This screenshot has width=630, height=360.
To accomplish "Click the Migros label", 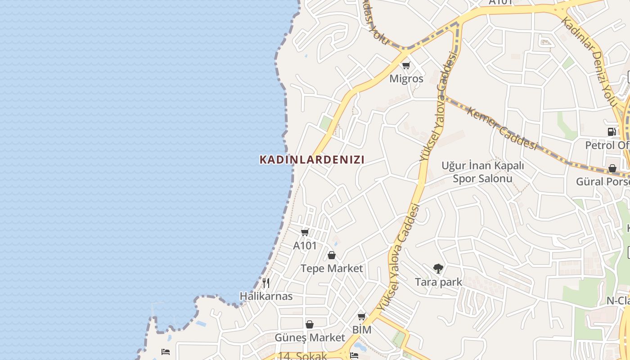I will [406, 79].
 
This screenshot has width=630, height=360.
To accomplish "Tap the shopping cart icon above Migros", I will [406, 66].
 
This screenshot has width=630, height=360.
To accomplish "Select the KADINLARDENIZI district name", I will [312, 159].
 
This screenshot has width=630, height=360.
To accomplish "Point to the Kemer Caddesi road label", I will [502, 129].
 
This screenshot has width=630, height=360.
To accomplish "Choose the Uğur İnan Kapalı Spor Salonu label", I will [482, 172].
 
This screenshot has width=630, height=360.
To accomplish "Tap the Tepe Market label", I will [331, 268].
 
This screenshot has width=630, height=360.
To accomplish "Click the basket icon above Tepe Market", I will [332, 255].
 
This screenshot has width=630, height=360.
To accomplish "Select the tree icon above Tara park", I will [438, 269].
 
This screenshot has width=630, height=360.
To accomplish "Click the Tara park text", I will [438, 282].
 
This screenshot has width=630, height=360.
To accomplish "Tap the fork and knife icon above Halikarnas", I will [266, 283].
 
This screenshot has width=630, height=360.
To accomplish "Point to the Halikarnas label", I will [266, 296].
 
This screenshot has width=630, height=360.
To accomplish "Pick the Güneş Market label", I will [310, 337].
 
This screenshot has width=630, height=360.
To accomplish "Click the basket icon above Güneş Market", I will [310, 324].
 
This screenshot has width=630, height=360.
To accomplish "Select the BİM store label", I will [362, 330].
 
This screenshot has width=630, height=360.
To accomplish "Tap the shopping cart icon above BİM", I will [361, 316].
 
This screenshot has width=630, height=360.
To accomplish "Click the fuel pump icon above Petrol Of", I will [612, 132].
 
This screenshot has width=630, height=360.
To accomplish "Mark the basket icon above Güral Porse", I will [612, 168].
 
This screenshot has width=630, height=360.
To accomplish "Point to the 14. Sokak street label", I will [302, 356].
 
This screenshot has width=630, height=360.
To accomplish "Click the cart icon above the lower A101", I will [305, 232].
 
